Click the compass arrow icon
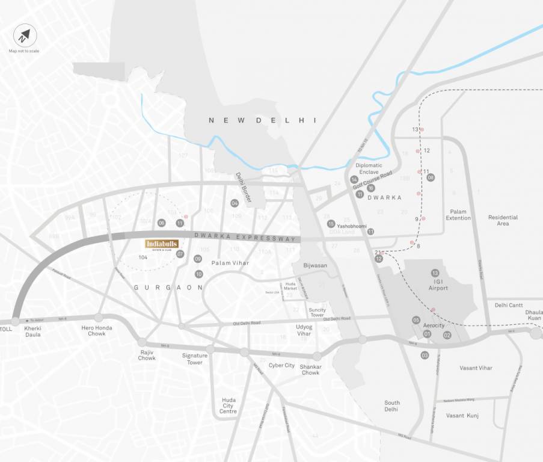24,37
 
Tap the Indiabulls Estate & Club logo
162,245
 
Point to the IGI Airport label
438,285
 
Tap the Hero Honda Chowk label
97,330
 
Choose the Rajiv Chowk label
147,355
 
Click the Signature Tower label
195,359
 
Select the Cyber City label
281,365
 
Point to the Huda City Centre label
229,405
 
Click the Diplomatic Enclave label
369,168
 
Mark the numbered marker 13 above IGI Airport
435,273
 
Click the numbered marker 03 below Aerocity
425,355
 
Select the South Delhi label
392,406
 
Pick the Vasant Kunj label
462,415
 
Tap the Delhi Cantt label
509,305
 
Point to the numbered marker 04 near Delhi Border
235,203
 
